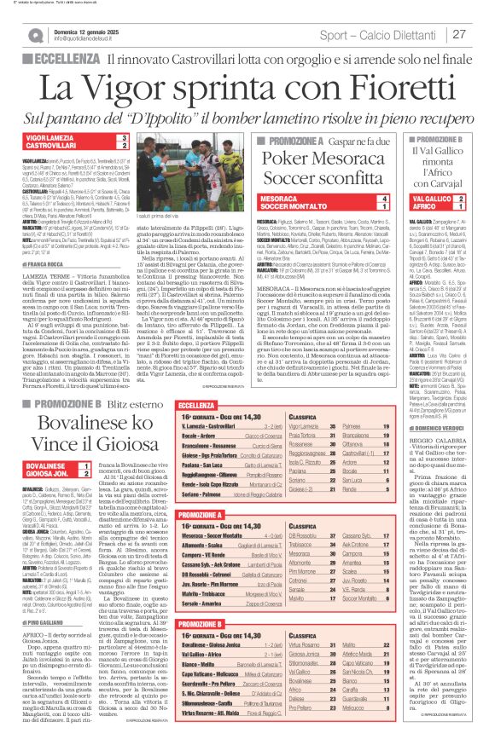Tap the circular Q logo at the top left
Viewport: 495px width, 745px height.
[35, 35]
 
